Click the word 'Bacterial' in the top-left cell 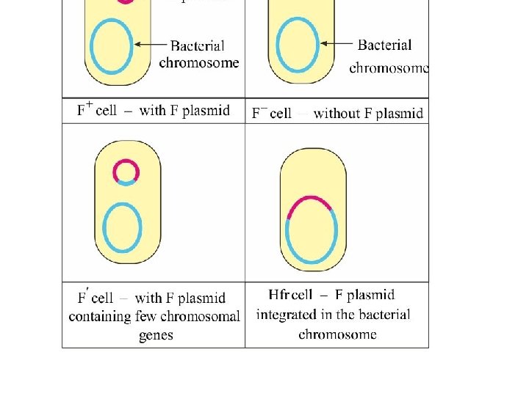click(x=198, y=45)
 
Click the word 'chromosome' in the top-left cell click(x=199, y=62)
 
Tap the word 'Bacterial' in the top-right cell click(x=384, y=45)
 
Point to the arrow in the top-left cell click(x=151, y=45)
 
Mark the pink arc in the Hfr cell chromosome click(x=309, y=200)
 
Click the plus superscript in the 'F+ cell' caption click(x=89, y=105)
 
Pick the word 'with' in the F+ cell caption click(x=152, y=111)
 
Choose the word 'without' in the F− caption click(x=337, y=113)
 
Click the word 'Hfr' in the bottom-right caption click(x=279, y=295)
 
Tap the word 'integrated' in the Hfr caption click(x=285, y=315)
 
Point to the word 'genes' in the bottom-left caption click(x=156, y=335)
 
